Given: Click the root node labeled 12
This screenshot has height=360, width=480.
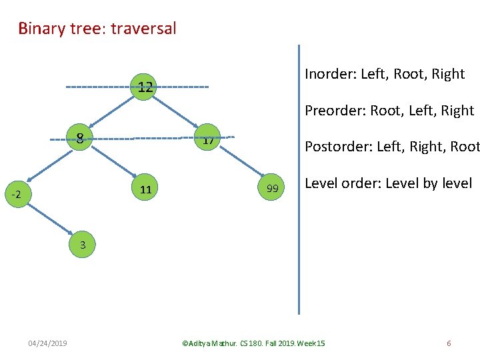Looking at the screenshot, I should coord(142,87).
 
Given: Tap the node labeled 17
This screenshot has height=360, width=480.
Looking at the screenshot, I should coord(208,141).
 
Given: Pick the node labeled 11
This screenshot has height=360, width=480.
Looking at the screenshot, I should coord(146,190).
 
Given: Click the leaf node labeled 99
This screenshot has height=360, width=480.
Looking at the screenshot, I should coord(272,189).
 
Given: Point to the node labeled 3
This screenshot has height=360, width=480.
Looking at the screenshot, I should coord(83,245).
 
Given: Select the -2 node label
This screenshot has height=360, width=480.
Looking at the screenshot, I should coord(17,195).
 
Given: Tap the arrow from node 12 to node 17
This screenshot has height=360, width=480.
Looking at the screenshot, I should coord(175,113).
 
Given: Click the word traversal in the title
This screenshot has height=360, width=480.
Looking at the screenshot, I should coord(145,29).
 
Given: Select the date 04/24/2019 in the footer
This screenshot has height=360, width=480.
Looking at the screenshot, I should coord(47,343).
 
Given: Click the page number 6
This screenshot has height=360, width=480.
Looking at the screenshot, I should coord(449,343).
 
